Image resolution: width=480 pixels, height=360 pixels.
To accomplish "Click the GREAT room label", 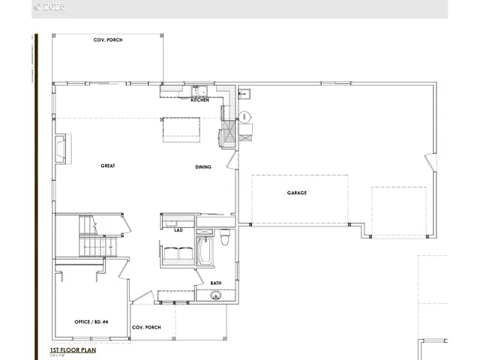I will click(108, 166).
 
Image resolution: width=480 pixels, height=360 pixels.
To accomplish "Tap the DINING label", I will click(203, 167).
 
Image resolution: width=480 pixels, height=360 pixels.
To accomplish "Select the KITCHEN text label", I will click(199, 100).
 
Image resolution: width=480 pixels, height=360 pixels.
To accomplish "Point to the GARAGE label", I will click(296, 193).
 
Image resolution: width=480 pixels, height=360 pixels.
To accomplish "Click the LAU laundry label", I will click(178, 230).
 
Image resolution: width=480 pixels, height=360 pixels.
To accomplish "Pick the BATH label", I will click(215, 283).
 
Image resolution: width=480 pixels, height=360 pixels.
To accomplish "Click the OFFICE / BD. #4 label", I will click(91, 322).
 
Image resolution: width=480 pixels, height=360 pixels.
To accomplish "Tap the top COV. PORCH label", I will click(108, 40).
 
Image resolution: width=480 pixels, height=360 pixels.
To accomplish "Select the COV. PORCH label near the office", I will click(146, 327).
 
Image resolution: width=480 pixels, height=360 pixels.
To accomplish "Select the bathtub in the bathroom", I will click(205, 252).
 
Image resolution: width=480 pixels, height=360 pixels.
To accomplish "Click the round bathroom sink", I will click(216, 296).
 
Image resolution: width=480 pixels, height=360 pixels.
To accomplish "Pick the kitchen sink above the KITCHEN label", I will click(194, 88).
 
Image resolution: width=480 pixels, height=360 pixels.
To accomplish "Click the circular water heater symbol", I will click(246, 117).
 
